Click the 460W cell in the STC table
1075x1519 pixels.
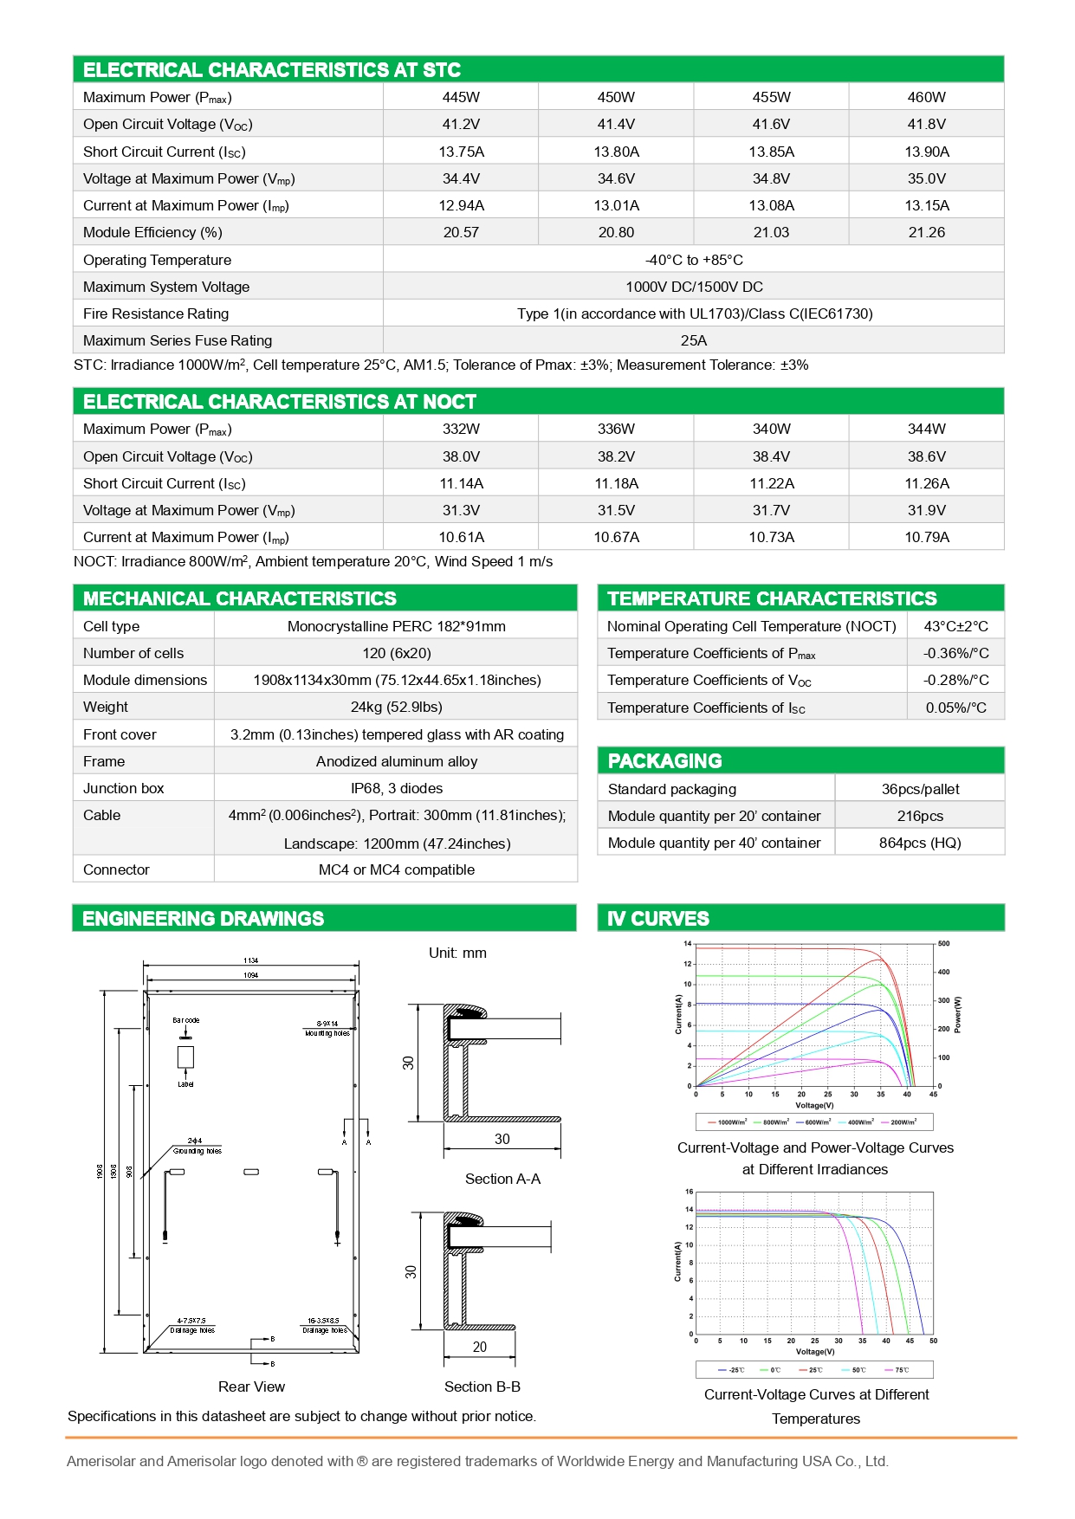[926, 97]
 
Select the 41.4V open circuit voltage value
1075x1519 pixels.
[616, 124]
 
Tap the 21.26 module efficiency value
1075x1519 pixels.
[926, 232]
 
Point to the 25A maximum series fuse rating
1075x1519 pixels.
[693, 340]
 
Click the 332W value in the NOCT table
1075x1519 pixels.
[461, 429]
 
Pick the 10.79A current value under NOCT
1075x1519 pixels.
[926, 537]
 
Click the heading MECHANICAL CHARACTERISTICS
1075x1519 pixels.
[240, 598]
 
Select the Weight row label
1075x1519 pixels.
[106, 707]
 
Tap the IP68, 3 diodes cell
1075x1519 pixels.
[396, 788]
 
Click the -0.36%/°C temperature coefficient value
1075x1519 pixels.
[955, 653]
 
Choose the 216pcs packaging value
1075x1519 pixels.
[920, 816]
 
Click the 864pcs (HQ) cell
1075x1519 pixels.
[920, 843]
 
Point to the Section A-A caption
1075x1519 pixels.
[502, 1179]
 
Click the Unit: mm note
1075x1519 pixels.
[457, 953]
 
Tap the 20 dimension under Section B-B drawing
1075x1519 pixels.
[480, 1347]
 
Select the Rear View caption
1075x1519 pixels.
[251, 1386]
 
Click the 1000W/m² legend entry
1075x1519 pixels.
[729, 1122]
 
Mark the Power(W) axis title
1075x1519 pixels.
[958, 1014]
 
